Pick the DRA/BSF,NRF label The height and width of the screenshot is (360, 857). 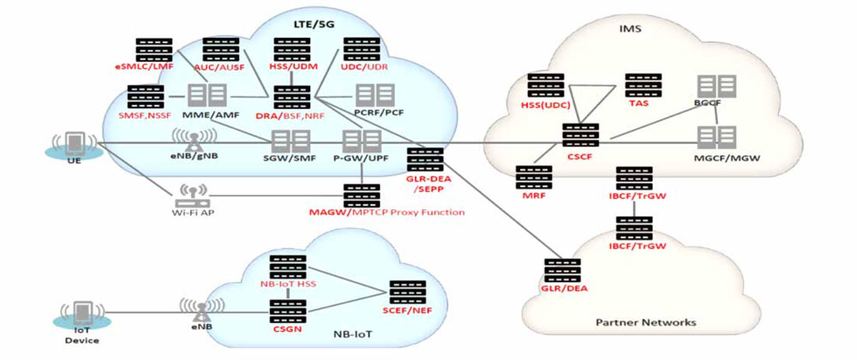click(291, 114)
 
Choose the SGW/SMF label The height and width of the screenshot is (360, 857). click(284, 159)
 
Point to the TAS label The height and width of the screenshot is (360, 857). click(638, 105)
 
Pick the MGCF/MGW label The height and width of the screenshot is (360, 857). click(710, 159)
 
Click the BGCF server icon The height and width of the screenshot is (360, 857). click(716, 86)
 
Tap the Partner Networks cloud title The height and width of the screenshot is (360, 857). click(645, 322)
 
